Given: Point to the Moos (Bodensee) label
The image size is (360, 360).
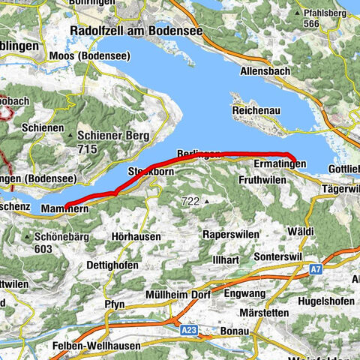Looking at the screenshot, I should coord(100,56).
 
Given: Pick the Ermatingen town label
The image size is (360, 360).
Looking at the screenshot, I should coord(280,163).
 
